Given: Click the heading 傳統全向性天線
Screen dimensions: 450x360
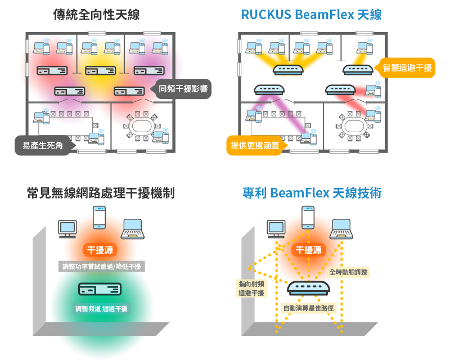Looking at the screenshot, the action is [96, 15].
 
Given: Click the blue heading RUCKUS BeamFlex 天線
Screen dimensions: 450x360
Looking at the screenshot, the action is [312, 15].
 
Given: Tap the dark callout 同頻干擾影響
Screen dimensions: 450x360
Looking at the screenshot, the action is [183, 89].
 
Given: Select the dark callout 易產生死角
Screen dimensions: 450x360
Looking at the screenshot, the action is [43, 146].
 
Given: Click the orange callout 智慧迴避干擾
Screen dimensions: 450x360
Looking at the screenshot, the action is [407, 68].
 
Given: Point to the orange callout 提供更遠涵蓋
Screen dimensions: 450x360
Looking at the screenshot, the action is [255, 146].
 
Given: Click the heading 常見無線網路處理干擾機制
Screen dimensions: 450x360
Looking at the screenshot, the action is [101, 192].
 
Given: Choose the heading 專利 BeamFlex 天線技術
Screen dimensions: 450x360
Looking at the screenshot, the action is [312, 192].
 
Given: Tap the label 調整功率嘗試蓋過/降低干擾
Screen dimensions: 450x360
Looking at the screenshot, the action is [102, 267].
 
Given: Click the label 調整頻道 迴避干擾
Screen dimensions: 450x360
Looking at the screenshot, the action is [101, 309].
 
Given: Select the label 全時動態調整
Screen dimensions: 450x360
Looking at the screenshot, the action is [348, 272].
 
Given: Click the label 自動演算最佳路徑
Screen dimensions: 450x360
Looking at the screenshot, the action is [308, 308].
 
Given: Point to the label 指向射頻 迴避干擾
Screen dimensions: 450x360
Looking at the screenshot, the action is [251, 288].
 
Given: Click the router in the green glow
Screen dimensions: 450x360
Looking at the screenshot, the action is [100, 289].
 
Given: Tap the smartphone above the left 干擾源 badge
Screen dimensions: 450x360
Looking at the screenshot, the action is [100, 217].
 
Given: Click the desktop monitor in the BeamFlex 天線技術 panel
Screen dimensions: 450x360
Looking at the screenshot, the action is [276, 229].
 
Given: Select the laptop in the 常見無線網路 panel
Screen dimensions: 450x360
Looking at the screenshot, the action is [133, 229].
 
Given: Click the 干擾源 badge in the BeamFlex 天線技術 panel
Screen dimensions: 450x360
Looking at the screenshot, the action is [308, 250].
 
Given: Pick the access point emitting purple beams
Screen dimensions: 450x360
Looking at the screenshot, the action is [269, 89].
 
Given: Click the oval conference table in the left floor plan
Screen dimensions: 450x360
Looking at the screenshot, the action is [140, 126].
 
